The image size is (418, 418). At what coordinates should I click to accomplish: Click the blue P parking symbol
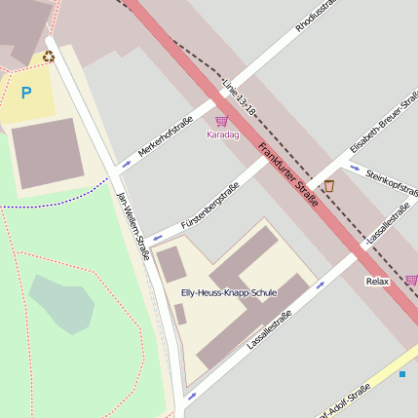pos(25,94)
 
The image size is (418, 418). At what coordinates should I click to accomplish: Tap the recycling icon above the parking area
pos(49,57)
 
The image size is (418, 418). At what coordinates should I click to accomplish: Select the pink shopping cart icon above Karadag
pos(221,121)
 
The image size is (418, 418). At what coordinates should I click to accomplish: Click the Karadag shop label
pos(222,134)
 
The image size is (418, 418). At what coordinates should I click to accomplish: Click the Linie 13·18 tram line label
pos(239,100)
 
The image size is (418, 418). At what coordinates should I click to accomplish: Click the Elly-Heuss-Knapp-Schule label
pos(229,292)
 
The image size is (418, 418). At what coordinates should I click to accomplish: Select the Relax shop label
pos(377,282)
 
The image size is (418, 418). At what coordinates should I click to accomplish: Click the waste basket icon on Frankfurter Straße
pos(328,186)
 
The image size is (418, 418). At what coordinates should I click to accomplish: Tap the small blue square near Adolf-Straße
pos(401,373)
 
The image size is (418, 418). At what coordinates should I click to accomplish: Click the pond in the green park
pos(61,302)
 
